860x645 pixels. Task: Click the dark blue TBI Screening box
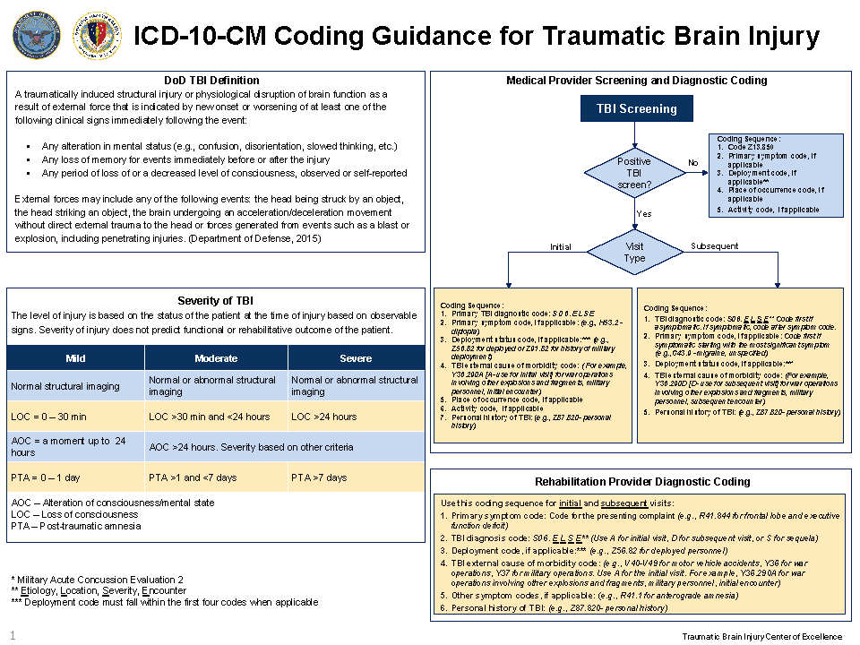point(637,109)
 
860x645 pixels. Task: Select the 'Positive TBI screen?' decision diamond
point(634,172)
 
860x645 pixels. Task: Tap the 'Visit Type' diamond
point(634,252)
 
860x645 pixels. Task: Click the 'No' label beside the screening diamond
point(692,162)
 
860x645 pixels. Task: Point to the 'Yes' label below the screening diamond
point(644,213)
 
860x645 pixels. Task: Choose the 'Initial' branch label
point(560,246)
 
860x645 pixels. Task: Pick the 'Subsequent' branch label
point(714,245)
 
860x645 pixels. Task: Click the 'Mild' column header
point(76,358)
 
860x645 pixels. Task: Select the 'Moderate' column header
point(216,358)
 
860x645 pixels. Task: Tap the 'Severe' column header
point(356,358)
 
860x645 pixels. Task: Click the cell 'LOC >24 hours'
point(323,417)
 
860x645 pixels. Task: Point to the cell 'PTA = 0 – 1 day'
point(45,477)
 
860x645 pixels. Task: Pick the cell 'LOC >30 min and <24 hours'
point(208,417)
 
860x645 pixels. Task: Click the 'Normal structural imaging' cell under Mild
point(64,386)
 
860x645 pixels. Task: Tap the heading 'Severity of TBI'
point(216,301)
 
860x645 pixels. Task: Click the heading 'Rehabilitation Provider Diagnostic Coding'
point(637,481)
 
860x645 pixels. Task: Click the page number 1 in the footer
point(13,635)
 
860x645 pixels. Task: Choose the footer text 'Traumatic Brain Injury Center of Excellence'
point(762,637)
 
